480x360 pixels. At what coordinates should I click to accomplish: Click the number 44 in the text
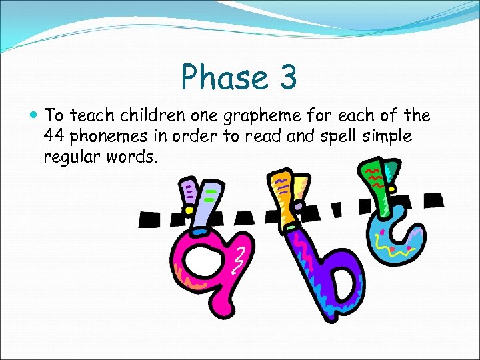pos(53,137)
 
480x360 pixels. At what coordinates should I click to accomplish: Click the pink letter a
pos(200,263)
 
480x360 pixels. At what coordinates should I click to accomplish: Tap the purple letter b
pos(320,267)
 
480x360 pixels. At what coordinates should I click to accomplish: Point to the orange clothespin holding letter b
pos(283,197)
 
